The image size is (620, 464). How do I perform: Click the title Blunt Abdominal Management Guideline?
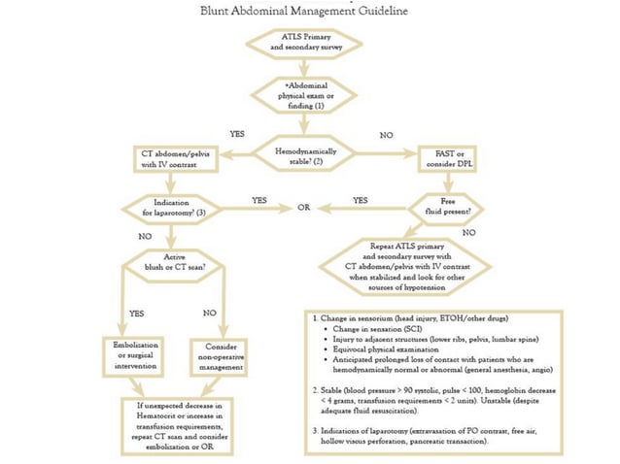[304, 12]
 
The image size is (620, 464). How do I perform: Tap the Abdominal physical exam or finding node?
[303, 96]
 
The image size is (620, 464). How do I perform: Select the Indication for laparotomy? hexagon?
[171, 208]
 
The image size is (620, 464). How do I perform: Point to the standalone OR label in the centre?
[303, 208]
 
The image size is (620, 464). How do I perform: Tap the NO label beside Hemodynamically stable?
[386, 134]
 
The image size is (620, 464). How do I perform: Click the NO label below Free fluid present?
[470, 233]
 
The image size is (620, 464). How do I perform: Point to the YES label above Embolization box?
[135, 314]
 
